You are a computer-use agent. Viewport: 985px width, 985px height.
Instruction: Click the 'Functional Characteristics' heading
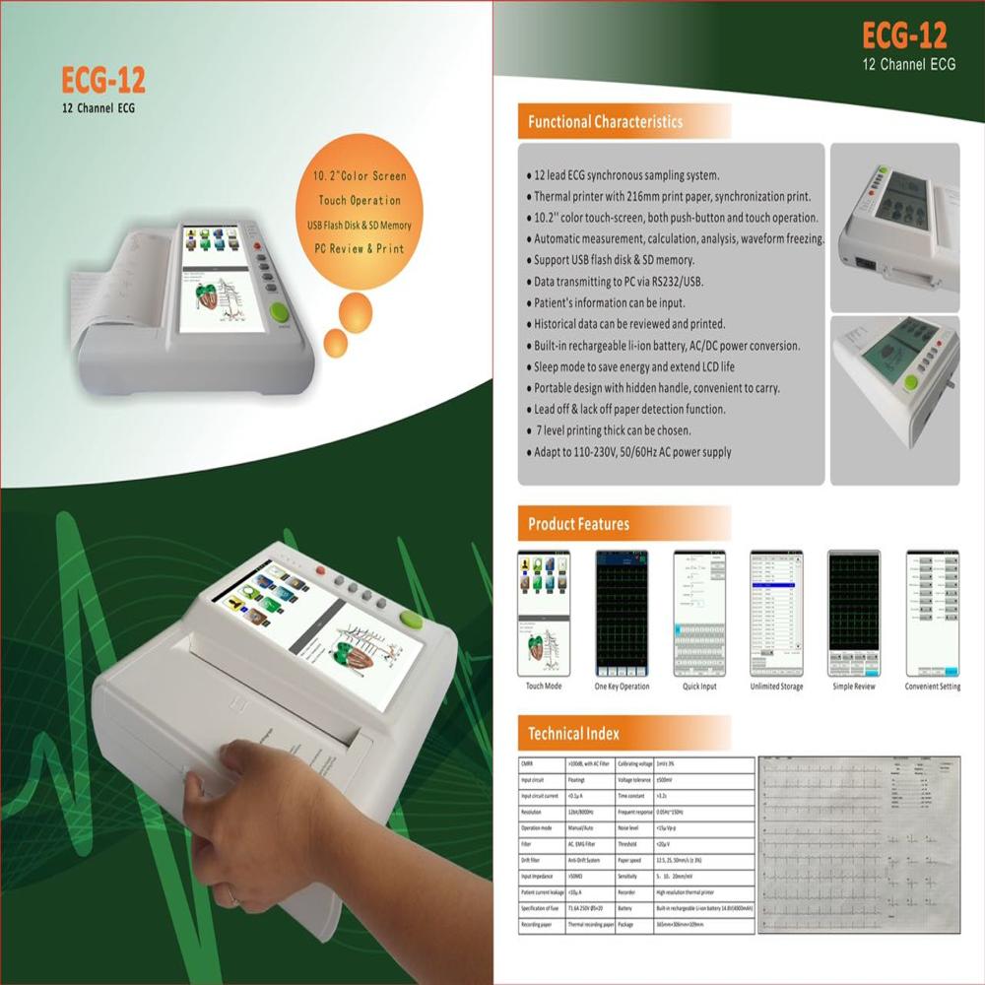click(605, 122)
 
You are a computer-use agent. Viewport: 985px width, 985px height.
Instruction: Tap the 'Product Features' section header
click(578, 523)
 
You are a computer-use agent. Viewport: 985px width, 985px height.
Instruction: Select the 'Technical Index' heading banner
click(573, 733)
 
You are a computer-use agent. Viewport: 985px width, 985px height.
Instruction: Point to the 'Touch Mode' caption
click(543, 686)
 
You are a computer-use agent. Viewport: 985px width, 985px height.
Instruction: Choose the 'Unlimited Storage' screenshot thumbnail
click(776, 612)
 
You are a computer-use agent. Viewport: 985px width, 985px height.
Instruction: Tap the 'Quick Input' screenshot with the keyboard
click(698, 612)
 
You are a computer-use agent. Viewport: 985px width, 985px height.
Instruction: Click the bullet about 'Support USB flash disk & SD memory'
click(615, 260)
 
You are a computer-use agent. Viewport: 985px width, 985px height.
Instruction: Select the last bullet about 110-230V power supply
click(632, 452)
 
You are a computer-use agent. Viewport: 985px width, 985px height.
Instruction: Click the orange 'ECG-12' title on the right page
click(903, 36)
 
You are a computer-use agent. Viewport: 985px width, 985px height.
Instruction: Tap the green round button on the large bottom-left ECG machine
click(411, 620)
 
